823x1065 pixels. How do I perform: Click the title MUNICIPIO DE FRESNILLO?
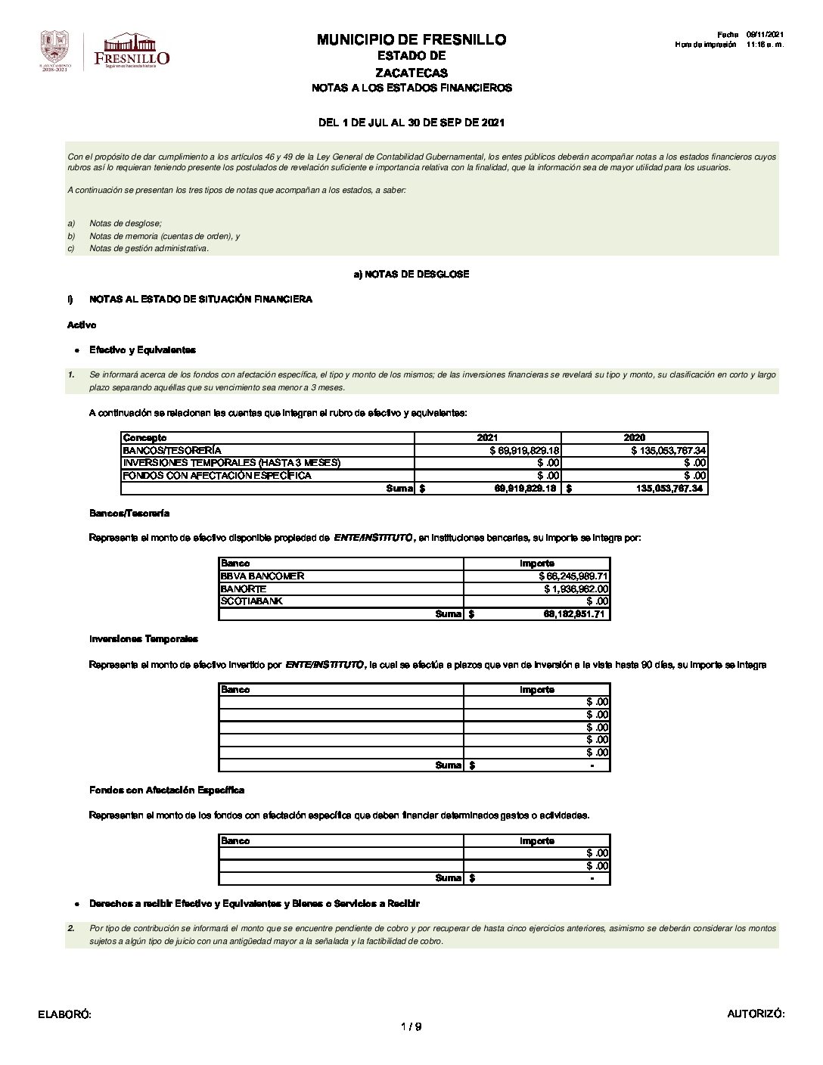click(x=411, y=39)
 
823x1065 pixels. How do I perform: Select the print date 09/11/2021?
click(x=766, y=34)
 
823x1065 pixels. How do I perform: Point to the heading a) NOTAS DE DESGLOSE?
click(x=411, y=274)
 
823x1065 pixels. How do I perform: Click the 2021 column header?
click(x=487, y=438)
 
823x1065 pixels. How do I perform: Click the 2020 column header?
click(x=634, y=438)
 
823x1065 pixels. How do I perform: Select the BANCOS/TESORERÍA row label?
click(x=172, y=450)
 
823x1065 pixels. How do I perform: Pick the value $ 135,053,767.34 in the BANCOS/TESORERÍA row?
click(x=668, y=450)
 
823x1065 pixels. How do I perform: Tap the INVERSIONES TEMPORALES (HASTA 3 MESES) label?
click(x=231, y=463)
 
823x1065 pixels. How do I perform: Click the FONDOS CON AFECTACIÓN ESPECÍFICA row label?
click(x=217, y=476)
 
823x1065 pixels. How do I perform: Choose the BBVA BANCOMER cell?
click(x=262, y=576)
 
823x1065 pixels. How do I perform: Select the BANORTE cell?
click(x=243, y=588)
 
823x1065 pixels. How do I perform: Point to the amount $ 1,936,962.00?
click(x=576, y=588)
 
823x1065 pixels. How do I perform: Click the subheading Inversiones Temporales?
click(x=144, y=639)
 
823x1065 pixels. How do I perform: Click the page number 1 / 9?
click(x=411, y=1026)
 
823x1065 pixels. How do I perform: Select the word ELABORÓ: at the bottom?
click(x=64, y=1014)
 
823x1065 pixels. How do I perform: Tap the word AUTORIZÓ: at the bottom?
click(x=756, y=1014)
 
